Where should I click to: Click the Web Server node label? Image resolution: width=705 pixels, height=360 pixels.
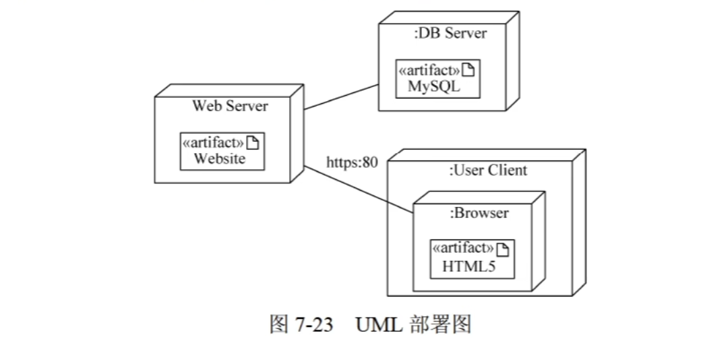(x=230, y=106)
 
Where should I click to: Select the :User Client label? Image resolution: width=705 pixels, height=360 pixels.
(x=488, y=170)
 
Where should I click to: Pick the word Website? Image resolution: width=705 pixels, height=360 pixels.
(x=220, y=159)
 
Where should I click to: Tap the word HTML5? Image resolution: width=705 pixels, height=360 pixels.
(x=469, y=266)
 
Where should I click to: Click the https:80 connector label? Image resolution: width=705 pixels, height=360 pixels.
(x=352, y=162)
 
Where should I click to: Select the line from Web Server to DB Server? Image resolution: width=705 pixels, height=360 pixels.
(x=340, y=97)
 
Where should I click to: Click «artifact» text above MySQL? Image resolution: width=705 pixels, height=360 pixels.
(x=429, y=71)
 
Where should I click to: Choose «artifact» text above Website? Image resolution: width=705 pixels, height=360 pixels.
(x=213, y=143)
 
